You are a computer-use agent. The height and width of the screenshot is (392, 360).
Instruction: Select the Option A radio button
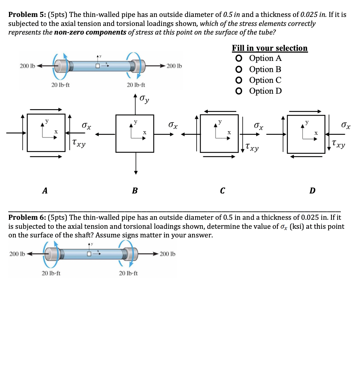pos(238,58)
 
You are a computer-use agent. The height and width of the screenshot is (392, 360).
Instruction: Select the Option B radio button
pos(238,69)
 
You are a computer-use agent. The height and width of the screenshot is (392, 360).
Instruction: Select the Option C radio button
pos(238,80)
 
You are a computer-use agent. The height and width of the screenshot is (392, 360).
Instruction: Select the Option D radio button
pos(238,91)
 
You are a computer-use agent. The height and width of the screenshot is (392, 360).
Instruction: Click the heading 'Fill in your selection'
pos(269,48)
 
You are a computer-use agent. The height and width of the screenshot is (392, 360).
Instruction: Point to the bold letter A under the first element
pos(44,191)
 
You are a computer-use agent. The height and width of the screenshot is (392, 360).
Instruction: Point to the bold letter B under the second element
pos(135,191)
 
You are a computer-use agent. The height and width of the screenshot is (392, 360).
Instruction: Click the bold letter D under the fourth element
pos(312,191)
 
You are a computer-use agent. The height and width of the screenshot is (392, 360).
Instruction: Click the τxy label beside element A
pos(79,143)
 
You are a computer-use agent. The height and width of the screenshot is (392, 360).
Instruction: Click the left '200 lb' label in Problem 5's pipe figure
pos(27,66)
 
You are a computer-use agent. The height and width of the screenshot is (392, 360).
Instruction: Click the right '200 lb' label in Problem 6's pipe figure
pos(167,254)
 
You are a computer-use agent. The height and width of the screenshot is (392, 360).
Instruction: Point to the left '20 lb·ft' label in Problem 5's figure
pos(61,85)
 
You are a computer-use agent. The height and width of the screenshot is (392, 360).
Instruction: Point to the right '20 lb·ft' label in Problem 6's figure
pos(128,273)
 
